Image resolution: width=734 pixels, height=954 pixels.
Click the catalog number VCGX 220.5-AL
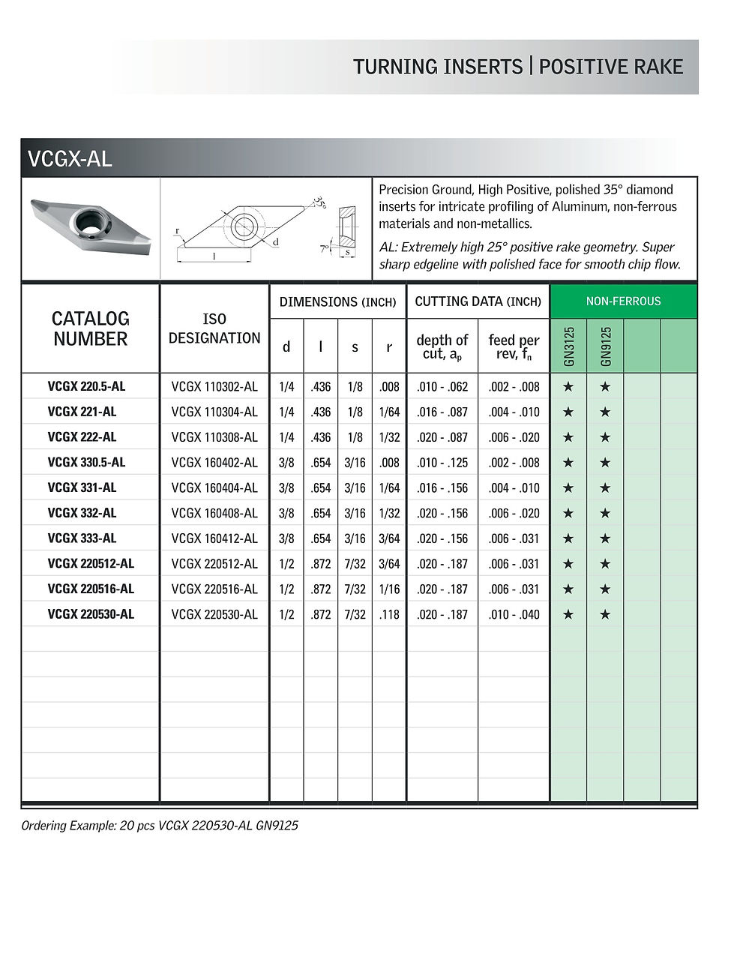86,387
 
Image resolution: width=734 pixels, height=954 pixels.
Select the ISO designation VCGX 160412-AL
214,538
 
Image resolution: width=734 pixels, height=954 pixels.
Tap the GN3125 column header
568,346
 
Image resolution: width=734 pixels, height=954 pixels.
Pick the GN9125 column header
606,346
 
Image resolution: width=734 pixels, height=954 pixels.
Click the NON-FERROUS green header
623,301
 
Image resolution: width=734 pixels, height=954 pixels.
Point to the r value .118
389,614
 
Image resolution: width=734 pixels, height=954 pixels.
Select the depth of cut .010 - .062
442,387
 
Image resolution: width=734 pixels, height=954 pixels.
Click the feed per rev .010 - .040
514,614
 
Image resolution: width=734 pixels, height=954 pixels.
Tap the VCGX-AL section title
70,159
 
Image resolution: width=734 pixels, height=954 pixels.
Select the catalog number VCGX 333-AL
82,538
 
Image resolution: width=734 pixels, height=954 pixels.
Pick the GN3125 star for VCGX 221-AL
568,412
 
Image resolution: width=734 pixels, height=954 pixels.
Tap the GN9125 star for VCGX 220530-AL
606,614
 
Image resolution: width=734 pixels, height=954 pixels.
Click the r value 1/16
389,589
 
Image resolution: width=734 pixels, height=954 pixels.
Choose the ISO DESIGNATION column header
214,328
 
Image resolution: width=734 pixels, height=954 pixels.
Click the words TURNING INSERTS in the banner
438,67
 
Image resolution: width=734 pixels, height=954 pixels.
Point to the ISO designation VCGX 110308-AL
214,437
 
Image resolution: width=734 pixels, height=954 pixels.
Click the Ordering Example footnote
160,826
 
